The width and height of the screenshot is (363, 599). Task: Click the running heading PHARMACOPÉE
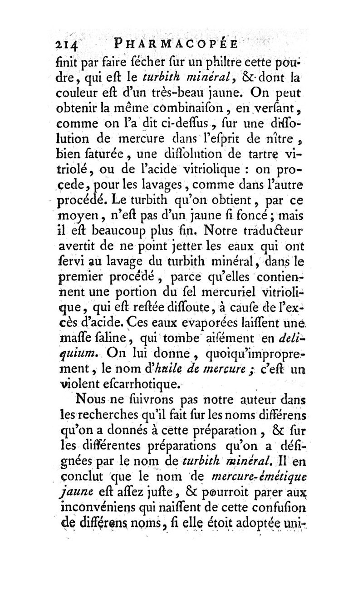177,45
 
